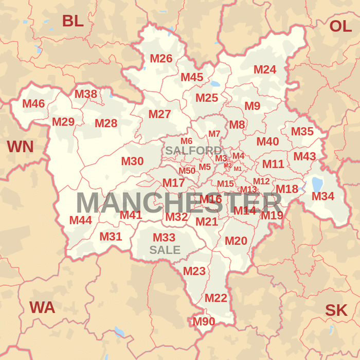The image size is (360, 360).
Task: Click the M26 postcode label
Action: [161, 59]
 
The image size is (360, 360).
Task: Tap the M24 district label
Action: [265, 69]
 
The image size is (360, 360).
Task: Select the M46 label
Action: [33, 104]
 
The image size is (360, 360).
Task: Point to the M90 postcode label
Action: [204, 321]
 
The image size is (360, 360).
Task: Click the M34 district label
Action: [323, 196]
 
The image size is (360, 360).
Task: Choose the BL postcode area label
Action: [73, 21]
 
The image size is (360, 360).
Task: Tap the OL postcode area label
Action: [340, 26]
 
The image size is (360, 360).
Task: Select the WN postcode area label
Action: [20, 147]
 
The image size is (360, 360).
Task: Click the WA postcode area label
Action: [42, 308]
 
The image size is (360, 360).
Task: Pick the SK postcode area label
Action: [336, 310]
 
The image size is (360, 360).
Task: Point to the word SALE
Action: [165, 250]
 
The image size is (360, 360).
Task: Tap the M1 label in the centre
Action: [238, 169]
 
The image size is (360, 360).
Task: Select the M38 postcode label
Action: [86, 94]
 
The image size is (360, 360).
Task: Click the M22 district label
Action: [216, 298]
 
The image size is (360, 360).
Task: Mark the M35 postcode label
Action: [302, 132]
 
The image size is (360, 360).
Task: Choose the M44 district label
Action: [81, 220]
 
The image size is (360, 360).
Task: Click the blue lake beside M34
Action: [317, 184]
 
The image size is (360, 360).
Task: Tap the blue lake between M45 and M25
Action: [215, 84]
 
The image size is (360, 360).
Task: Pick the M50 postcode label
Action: [187, 171]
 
